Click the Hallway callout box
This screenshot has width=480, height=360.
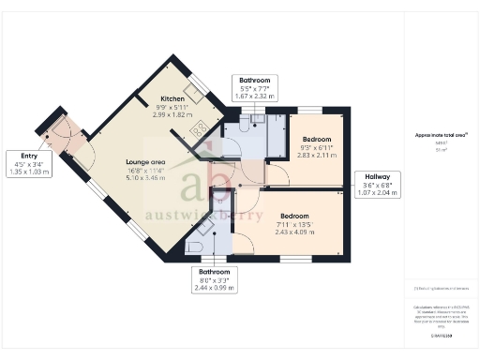[382, 184]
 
